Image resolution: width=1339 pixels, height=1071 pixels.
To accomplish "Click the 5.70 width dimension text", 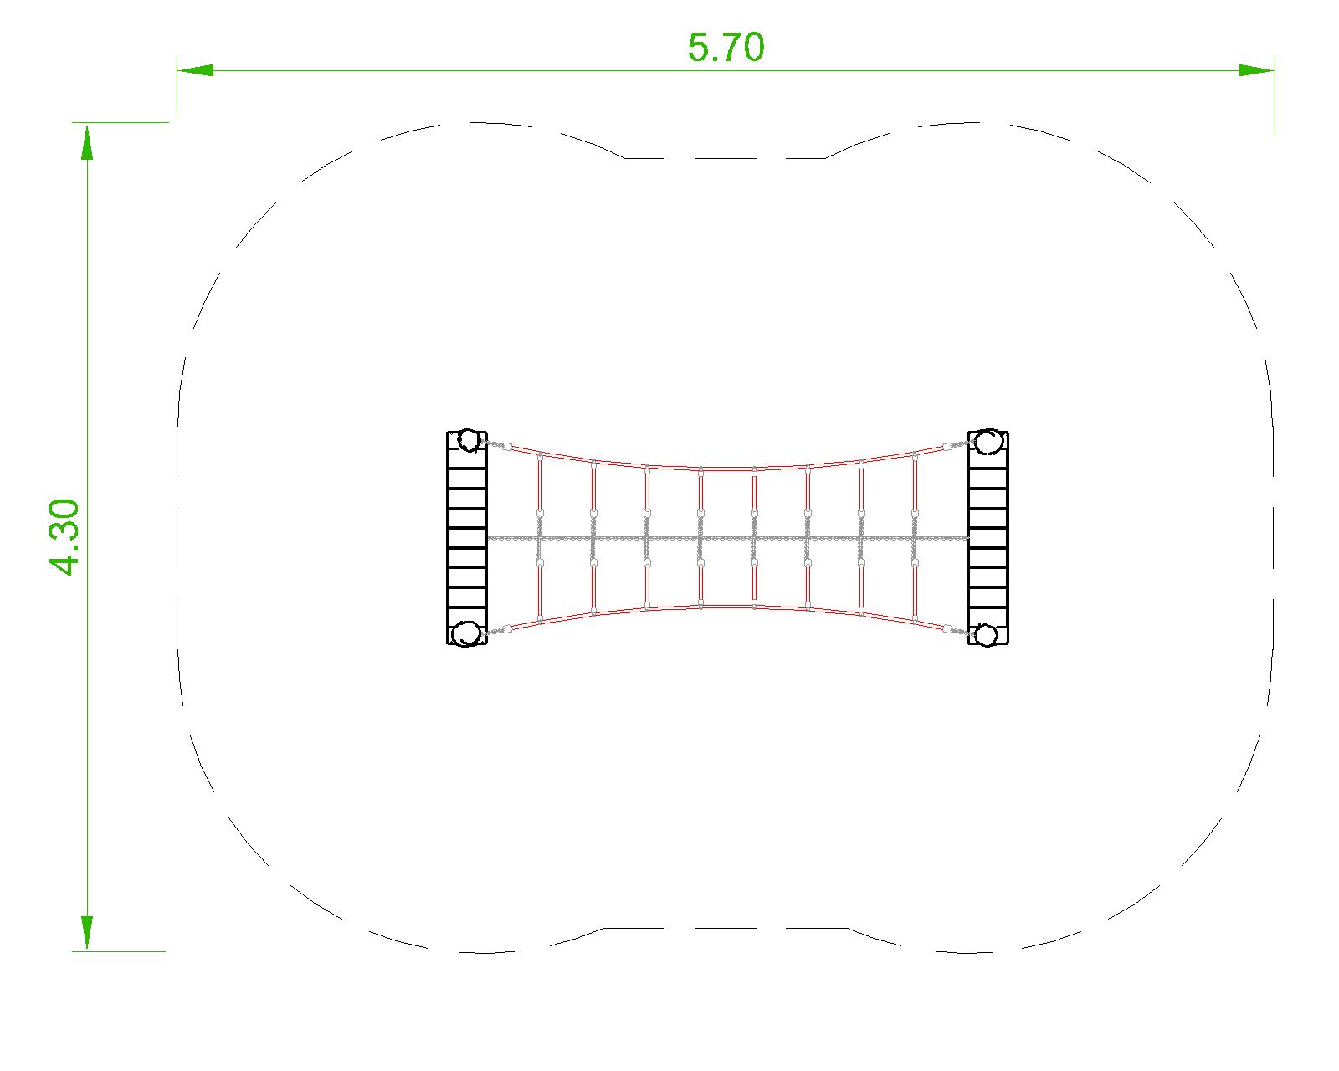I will click(726, 48).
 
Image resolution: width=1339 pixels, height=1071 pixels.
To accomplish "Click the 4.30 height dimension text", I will click(64, 536).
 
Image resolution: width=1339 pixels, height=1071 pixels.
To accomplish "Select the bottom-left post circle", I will click(465, 633).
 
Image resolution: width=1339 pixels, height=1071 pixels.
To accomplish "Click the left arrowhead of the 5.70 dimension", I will click(194, 70).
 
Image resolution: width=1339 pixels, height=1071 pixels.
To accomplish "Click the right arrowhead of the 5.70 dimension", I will click(1256, 70).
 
